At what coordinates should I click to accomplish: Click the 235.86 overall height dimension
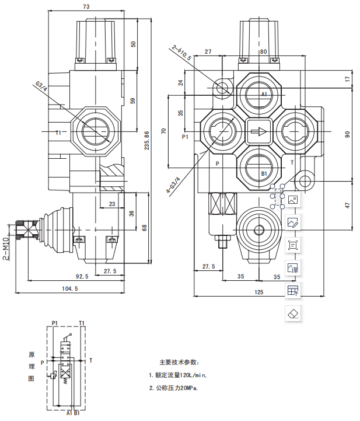(x=147, y=140)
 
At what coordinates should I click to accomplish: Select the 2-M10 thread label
(x=5, y=248)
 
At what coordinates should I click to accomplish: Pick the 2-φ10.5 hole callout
(x=181, y=53)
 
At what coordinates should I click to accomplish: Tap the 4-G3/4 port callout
(x=173, y=184)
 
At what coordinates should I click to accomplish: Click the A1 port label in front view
(x=264, y=94)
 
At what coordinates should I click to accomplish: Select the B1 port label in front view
(x=264, y=173)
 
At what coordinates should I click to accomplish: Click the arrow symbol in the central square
(x=258, y=132)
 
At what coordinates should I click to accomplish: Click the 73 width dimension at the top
(x=86, y=7)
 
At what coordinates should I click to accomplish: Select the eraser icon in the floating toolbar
(x=293, y=312)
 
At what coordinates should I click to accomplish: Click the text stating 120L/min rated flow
(x=177, y=375)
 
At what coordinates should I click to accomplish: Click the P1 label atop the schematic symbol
(x=54, y=322)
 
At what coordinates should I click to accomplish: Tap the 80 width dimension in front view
(x=264, y=51)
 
